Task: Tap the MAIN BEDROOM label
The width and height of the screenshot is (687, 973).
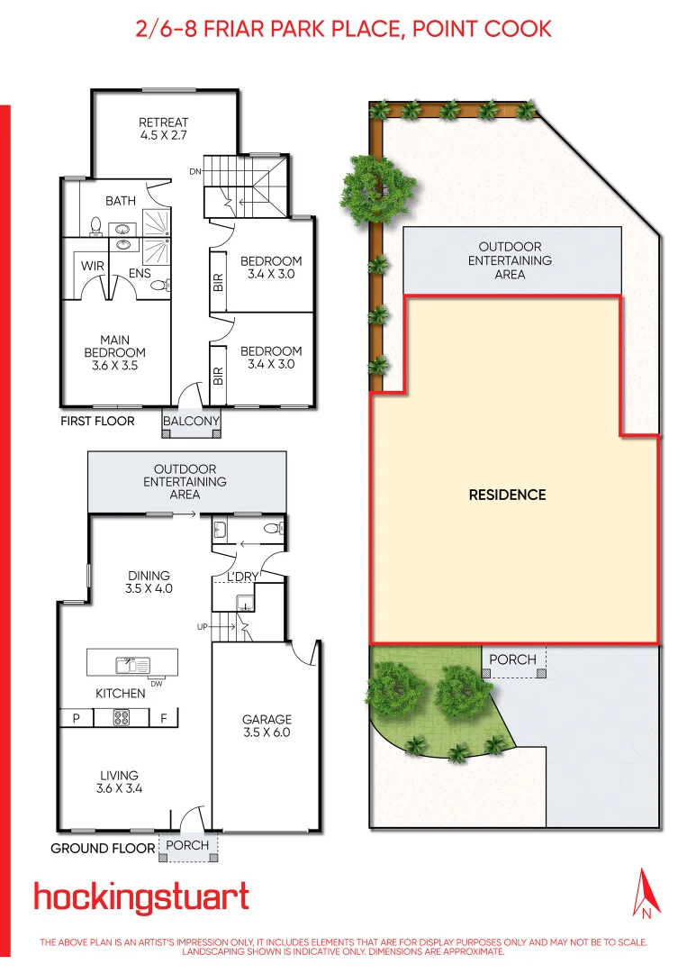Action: [114, 353]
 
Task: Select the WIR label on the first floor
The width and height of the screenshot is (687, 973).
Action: [93, 267]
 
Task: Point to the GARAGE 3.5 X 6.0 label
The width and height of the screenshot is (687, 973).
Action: [267, 726]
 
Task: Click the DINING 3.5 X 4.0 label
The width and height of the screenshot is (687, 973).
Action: [149, 582]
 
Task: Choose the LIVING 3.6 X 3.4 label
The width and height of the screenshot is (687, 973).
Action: [119, 781]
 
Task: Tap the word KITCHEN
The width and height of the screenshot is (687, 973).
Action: [121, 694]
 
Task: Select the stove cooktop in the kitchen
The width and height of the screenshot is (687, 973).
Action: [121, 718]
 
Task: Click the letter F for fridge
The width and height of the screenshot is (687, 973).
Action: [164, 719]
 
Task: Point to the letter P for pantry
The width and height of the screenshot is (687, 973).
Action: [76, 719]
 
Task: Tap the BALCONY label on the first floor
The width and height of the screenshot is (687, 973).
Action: [191, 421]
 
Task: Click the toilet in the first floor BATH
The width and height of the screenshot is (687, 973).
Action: [96, 226]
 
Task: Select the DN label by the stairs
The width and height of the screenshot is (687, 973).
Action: [194, 171]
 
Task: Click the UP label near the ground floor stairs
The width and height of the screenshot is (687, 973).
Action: [203, 625]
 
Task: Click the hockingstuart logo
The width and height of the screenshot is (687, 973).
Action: [141, 898]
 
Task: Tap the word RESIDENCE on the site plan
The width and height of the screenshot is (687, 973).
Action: [507, 495]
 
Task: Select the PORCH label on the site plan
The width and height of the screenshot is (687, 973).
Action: [512, 659]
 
